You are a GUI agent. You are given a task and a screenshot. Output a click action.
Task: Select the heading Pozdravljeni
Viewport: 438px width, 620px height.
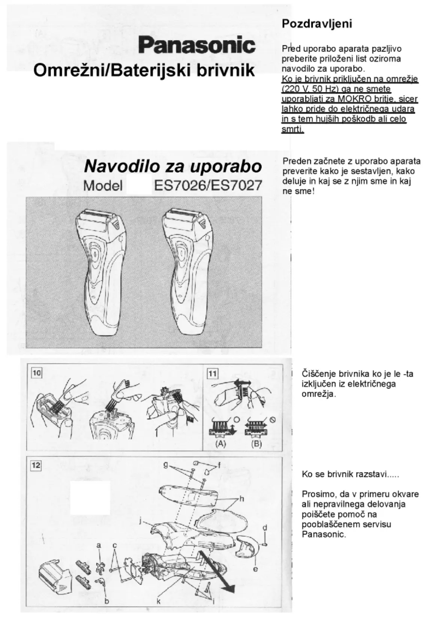tap(317, 25)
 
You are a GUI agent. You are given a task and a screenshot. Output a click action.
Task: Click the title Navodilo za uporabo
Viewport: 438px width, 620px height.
tap(172, 166)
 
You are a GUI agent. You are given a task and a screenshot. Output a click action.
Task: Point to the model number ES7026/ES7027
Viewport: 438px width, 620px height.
tap(208, 186)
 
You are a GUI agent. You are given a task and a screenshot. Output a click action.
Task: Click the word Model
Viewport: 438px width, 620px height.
tap(102, 186)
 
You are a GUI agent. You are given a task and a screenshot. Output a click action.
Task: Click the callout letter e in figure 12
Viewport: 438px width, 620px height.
tap(255, 569)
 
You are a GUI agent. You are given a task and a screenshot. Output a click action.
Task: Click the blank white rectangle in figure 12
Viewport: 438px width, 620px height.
tap(90, 497)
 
